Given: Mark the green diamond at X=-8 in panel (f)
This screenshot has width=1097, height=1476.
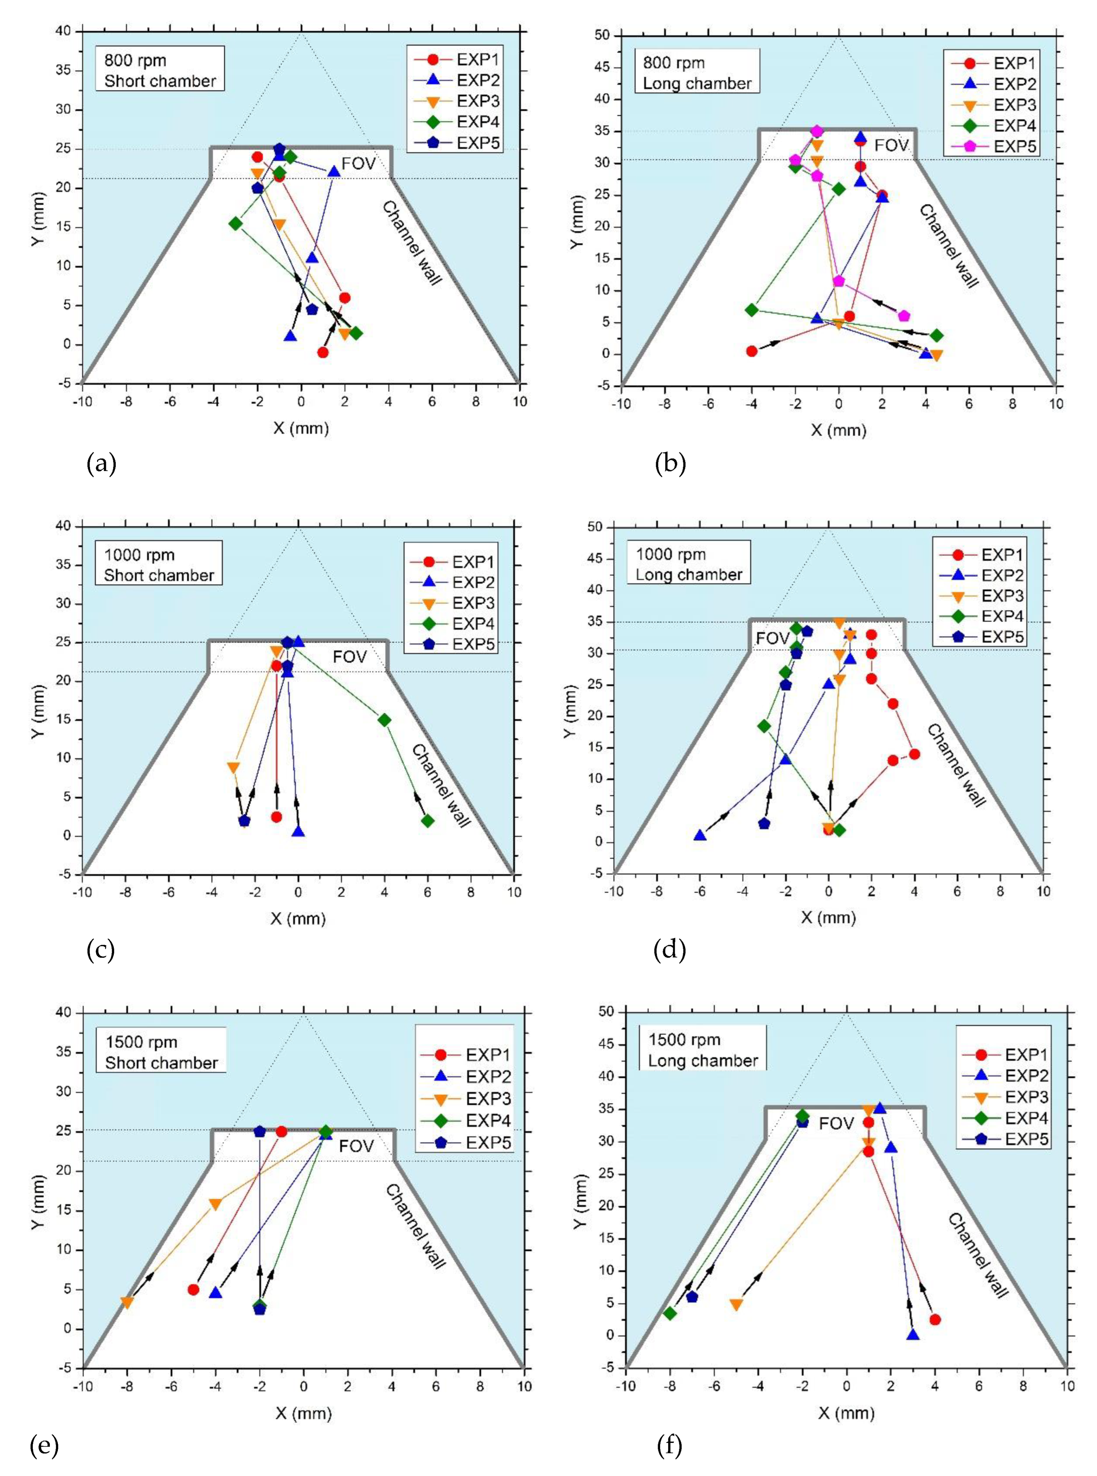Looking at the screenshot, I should [670, 1313].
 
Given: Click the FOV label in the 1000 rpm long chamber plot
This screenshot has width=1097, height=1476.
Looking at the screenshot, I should [772, 638].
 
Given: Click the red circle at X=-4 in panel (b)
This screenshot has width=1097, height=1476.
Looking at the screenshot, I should [752, 351].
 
